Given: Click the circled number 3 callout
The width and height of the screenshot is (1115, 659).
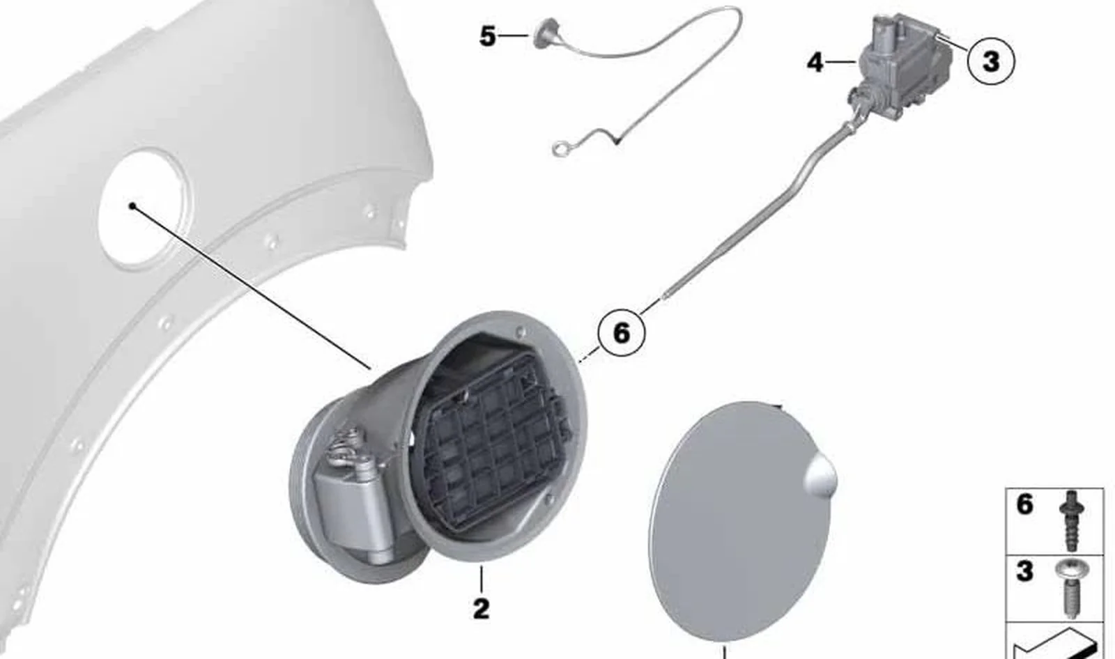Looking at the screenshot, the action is tap(990, 62).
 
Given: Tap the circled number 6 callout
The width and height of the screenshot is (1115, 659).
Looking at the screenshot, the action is tap(622, 332).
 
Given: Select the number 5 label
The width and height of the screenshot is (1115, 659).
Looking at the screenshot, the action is tap(487, 36).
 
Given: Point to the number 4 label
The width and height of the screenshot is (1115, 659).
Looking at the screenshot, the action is tap(815, 63).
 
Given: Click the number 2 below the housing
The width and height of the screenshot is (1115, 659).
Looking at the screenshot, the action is tap(481, 609).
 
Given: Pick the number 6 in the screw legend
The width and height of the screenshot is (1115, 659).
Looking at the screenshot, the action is tap(1025, 504).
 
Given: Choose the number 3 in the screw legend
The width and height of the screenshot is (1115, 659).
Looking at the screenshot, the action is tap(1025, 571).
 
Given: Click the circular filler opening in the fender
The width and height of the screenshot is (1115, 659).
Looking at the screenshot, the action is tap(144, 209).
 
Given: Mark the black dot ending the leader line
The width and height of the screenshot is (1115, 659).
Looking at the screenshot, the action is tap(132, 206).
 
